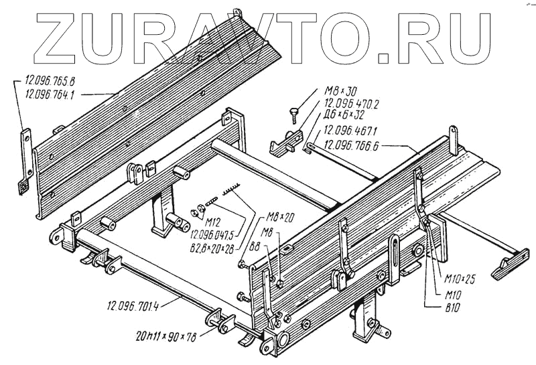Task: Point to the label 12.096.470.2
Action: [352, 104]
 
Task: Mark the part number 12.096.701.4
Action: [131, 308]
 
